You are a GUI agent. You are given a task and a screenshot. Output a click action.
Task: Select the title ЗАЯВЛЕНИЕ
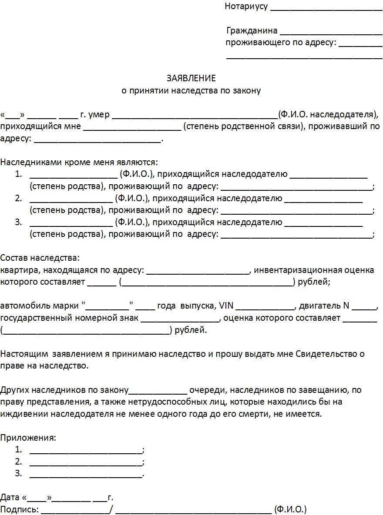click(191, 78)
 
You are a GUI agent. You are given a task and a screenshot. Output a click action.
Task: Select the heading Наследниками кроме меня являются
click(79, 163)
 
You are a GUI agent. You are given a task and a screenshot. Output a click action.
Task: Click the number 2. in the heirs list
click(18, 199)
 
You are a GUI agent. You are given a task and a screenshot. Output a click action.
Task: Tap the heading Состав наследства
click(40, 258)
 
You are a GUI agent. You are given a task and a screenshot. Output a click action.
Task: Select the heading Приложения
click(29, 437)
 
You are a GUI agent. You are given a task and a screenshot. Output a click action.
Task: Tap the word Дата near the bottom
click(10, 497)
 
